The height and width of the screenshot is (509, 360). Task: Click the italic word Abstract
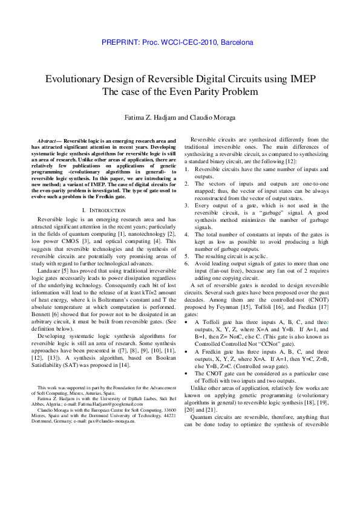coord(49,140)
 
